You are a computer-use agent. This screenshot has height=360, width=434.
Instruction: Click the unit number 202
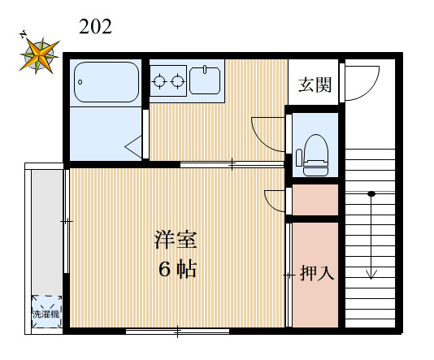click(96, 27)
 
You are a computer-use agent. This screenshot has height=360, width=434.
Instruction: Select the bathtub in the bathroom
click(106, 84)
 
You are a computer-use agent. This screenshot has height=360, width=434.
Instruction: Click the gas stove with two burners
click(167, 80)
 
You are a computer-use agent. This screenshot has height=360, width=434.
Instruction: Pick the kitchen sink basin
click(204, 80)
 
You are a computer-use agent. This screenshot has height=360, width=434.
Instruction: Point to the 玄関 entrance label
click(315, 85)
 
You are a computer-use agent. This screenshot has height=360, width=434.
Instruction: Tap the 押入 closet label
click(317, 273)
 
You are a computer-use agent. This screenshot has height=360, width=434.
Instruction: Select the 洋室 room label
click(176, 241)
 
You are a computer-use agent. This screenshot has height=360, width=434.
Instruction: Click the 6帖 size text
click(176, 270)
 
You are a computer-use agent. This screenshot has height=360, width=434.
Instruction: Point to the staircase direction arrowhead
click(371, 273)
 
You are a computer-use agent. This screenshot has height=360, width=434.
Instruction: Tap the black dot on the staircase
click(371, 194)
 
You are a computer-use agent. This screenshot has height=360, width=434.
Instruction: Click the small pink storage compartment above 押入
click(315, 201)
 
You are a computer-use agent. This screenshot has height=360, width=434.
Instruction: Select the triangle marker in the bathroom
click(133, 147)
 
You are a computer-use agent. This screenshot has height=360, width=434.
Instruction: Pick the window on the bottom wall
click(178, 331)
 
